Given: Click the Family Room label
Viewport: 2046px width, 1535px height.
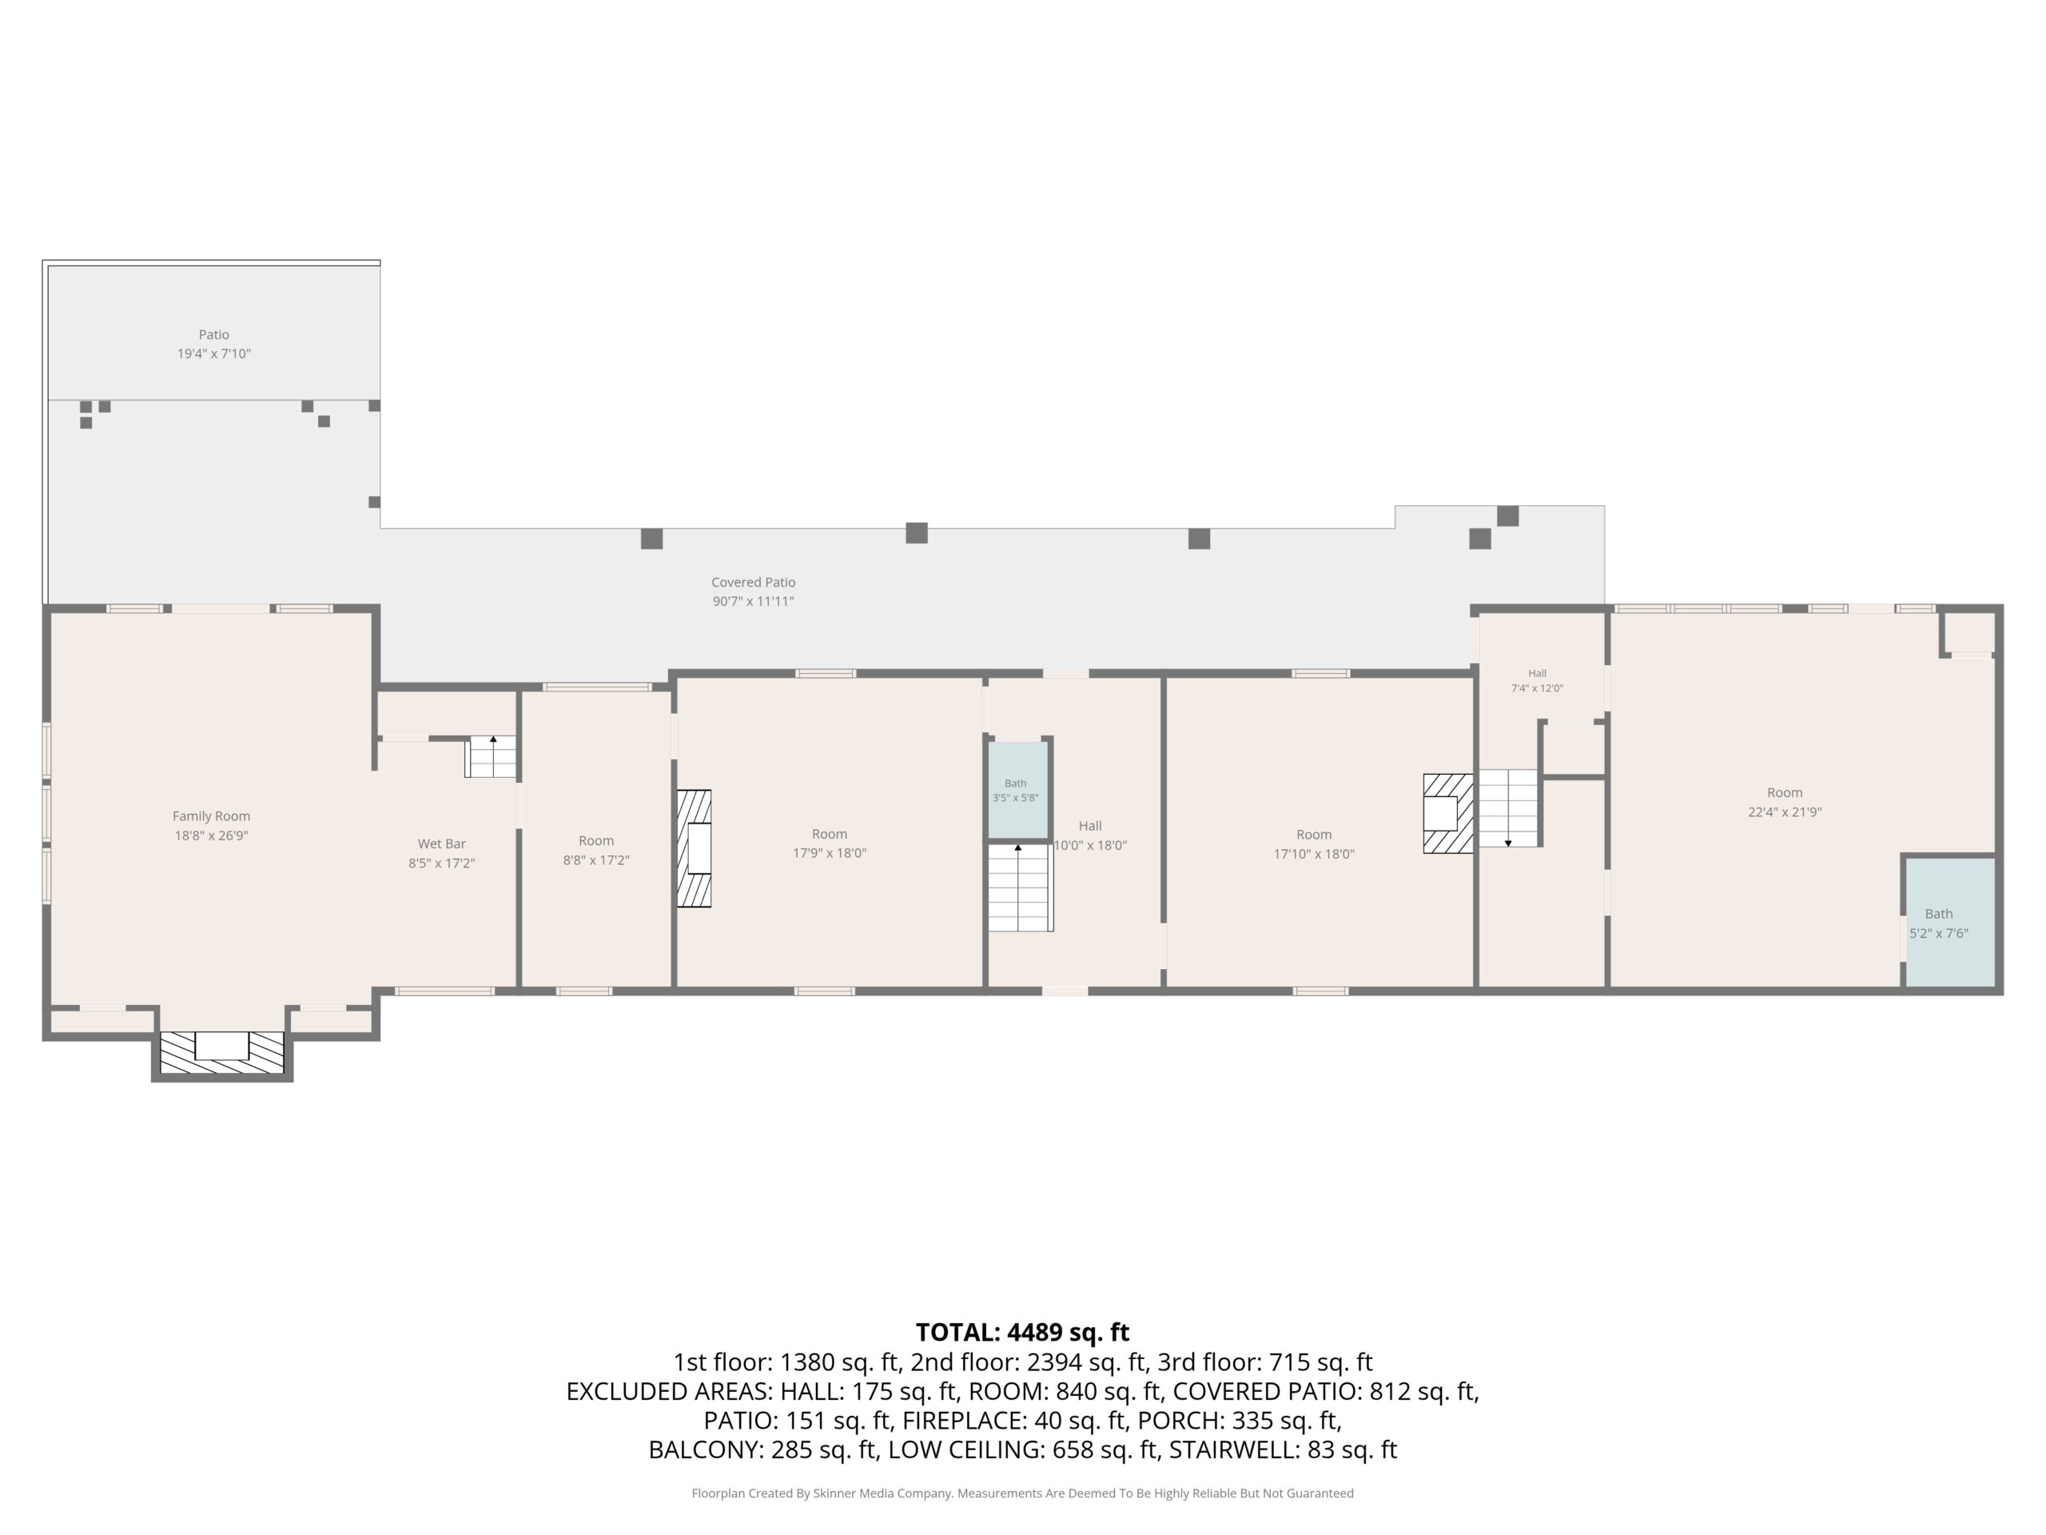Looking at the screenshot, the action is [211, 816].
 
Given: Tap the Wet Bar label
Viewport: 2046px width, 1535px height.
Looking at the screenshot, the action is [441, 843].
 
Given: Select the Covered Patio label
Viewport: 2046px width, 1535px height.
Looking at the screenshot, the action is [753, 582].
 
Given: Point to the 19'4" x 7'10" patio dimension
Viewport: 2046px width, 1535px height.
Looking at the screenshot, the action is [213, 353].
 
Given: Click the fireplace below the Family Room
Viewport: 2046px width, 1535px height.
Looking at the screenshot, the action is [222, 1052].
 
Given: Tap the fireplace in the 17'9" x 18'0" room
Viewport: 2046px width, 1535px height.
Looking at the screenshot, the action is [694, 848].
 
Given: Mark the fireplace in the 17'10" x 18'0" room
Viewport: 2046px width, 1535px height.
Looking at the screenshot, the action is [1447, 813].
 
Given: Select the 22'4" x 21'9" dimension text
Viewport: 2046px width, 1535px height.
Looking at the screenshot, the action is [1784, 811].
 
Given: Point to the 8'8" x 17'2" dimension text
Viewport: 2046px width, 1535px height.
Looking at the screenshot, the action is [595, 859].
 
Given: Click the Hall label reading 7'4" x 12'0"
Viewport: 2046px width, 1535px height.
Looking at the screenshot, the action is [1536, 681].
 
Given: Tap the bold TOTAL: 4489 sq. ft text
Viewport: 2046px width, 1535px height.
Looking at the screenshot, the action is [1022, 1333].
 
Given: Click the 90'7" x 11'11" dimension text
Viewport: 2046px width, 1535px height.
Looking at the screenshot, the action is [753, 601].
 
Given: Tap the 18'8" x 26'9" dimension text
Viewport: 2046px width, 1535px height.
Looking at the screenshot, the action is [211, 835].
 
